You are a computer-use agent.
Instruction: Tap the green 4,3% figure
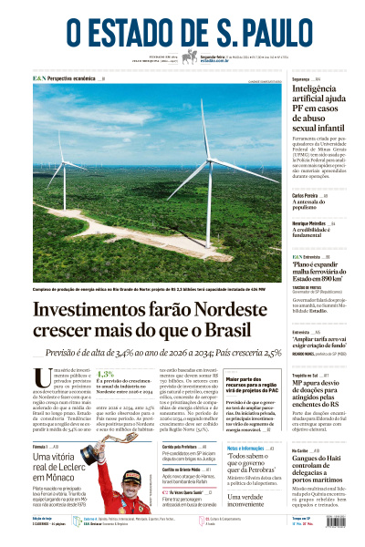[x=105, y=374]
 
